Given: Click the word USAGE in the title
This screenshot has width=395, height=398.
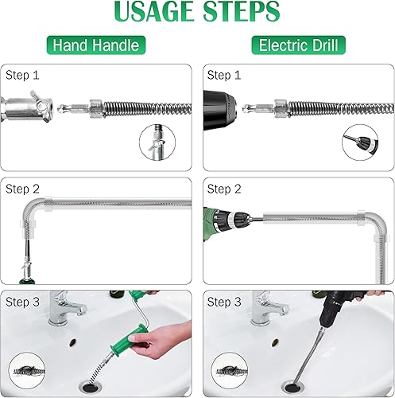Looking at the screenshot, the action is tap(154, 11).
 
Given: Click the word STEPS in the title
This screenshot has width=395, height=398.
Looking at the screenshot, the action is tap(241, 11).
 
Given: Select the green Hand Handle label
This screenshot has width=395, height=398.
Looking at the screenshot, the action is tap(96, 45).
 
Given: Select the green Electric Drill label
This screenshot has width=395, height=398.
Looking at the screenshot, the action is tap(299, 45).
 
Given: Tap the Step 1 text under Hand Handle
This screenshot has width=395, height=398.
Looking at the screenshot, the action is tap(22, 75).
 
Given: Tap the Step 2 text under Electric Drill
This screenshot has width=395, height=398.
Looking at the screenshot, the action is tap(224, 189).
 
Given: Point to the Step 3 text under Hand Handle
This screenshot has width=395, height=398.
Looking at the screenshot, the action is tap(22, 302).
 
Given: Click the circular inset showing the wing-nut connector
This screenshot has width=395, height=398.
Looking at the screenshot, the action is tap(157, 142).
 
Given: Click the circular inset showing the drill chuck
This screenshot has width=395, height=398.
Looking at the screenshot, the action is tap(360, 142).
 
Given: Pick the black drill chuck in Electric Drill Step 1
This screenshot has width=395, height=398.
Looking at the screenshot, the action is tap(219, 110).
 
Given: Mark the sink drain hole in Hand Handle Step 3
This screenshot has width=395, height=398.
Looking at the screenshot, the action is tap(91, 388).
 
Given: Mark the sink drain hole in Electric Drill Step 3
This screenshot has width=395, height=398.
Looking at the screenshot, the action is tap(292, 388).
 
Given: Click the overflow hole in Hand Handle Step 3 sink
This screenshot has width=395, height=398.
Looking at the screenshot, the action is tap(73, 342).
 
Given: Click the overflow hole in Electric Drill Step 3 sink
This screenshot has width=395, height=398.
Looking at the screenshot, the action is tap(275, 342).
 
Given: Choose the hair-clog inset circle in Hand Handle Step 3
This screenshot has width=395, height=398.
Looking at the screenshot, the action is tap(27, 371).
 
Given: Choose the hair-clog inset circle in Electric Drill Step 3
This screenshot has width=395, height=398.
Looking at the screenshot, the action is tap(230, 371).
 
